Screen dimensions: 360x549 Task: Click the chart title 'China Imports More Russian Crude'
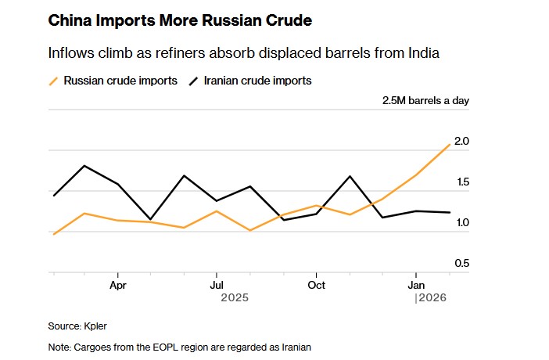(180, 20)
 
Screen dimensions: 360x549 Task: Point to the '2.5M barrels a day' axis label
(425, 101)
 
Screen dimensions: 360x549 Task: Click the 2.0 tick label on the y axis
(461, 142)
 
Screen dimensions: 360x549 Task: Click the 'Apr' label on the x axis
(118, 286)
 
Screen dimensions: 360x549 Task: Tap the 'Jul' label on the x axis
(217, 286)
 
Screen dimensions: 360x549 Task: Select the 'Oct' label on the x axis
(316, 286)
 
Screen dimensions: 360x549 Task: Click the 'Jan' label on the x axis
(416, 286)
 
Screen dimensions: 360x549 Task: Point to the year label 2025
(235, 298)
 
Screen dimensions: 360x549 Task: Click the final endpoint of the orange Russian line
(449, 144)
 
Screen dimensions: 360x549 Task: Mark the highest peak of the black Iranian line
(84, 166)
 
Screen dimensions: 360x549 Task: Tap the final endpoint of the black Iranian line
(449, 212)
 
